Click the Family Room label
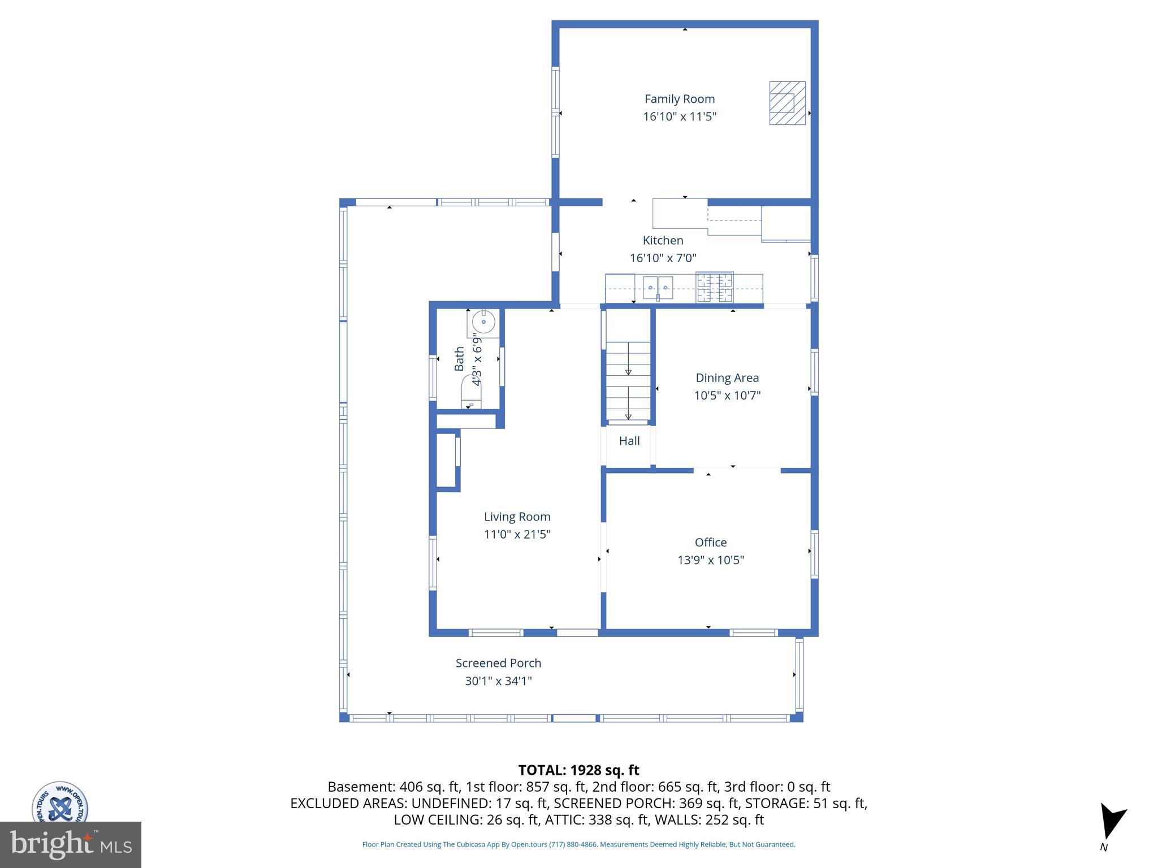coord(679,99)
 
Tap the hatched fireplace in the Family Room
coord(787,103)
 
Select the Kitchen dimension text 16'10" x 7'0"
coord(663,258)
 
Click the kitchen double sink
coord(658,288)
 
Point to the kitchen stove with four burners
coord(714,287)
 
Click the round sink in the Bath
coord(483,322)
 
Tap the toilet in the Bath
coord(471,393)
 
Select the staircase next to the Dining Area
coord(628,381)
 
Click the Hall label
coord(629,441)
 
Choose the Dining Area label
coord(727,377)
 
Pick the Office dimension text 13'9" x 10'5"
coord(710,560)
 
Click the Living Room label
coord(517,517)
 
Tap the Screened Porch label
coord(498,663)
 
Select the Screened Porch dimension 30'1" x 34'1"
coord(498,681)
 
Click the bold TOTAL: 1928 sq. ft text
coord(578,770)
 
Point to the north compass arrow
coord(1112,822)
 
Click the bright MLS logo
coord(70,845)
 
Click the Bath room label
coord(459,359)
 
